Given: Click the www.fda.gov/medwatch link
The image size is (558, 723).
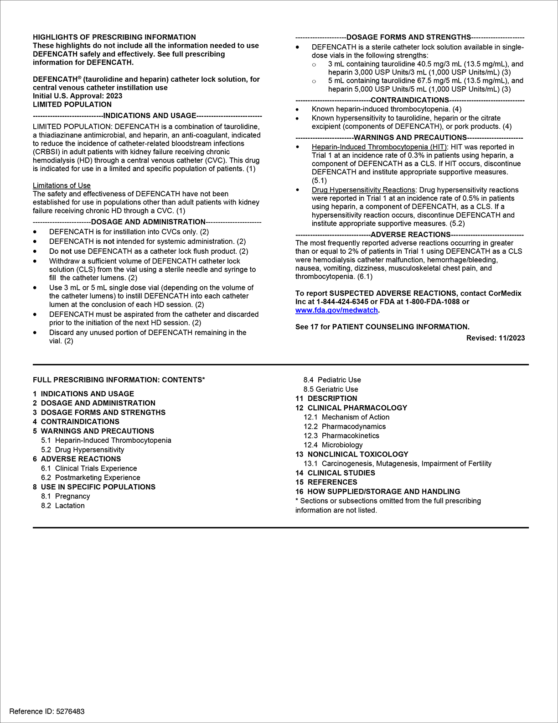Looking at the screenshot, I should coord(336,310).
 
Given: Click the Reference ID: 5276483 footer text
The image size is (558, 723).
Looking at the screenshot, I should coord(47,711).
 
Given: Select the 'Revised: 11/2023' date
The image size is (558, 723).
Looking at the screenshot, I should coord(495,338).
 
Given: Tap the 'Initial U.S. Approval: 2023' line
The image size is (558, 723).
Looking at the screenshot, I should coord(77,96).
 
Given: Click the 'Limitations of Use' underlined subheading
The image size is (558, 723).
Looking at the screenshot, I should coord(62,186).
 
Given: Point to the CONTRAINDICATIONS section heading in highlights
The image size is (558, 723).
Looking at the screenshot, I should coord(410,100).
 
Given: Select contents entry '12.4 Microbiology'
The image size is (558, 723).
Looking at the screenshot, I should coord(333,445).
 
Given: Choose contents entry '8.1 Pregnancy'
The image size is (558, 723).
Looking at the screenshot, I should coord(65,496).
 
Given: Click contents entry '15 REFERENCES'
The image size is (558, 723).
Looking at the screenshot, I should coord(326,482).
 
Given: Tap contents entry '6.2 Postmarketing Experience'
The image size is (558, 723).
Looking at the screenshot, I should coord(90,477).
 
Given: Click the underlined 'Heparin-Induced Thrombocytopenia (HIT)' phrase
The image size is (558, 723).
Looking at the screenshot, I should coord(379,147).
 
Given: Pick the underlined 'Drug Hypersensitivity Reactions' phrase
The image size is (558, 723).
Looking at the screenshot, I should coord(363,190).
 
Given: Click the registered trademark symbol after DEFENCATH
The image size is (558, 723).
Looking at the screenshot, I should coord(79,77).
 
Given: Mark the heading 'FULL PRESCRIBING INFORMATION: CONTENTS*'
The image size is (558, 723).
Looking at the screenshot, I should coord(119,380).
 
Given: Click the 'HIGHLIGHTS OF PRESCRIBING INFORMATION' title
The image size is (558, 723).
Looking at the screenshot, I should coord(114,37).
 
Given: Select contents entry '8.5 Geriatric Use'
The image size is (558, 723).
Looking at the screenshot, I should coord(331,389).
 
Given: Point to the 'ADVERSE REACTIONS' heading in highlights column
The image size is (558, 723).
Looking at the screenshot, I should coord(410,235).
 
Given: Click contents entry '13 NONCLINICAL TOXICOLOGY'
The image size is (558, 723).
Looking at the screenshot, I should coord(351,454).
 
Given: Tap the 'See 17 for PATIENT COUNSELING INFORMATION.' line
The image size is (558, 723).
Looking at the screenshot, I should coord(382,327).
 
